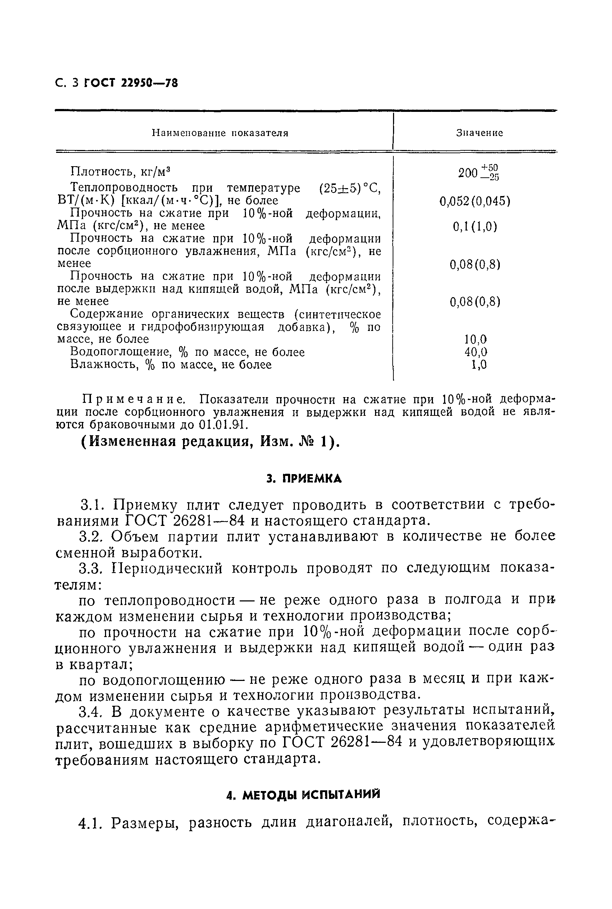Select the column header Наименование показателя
pos(220,133)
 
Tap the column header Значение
pos(479,133)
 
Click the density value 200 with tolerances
pos(478,173)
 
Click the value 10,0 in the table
pos(475,339)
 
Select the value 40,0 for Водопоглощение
pos(475,352)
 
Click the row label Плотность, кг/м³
pos(120,172)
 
